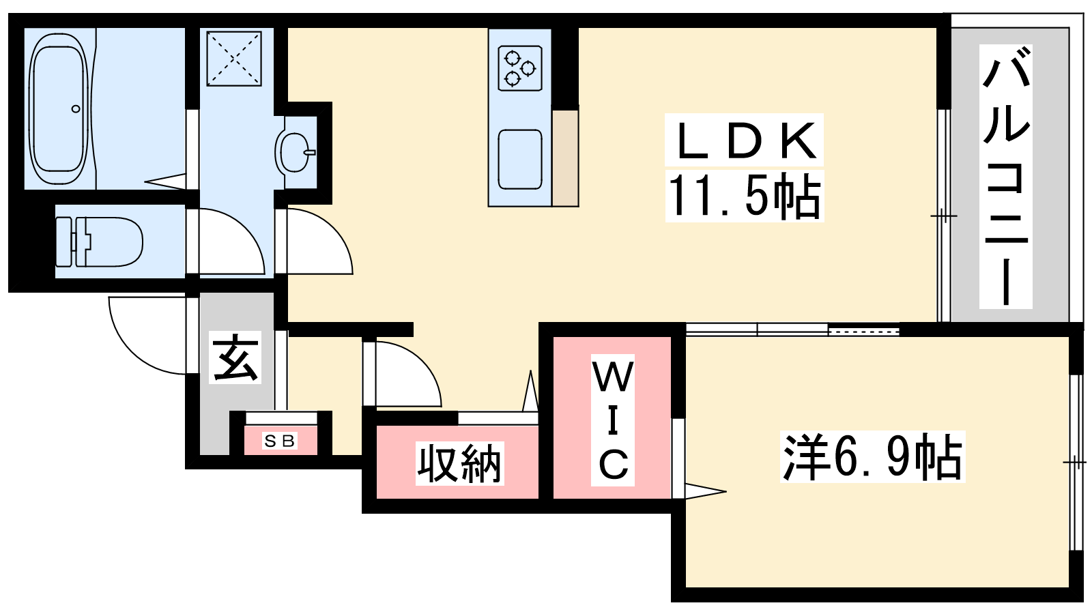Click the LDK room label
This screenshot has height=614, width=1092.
(745, 141)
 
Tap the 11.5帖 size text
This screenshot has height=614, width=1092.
(745, 196)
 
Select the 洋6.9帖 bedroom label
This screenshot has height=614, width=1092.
(872, 457)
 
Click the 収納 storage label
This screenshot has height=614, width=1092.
(459, 464)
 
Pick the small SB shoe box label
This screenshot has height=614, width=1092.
(280, 441)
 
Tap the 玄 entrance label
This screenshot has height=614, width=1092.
(235, 358)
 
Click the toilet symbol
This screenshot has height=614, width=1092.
(102, 242)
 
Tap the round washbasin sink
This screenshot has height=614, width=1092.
(296, 151)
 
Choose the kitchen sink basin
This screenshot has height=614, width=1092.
(520, 159)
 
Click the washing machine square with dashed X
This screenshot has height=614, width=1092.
(234, 59)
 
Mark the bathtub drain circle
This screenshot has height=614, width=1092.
(76, 108)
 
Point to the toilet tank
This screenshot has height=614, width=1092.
(65, 242)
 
